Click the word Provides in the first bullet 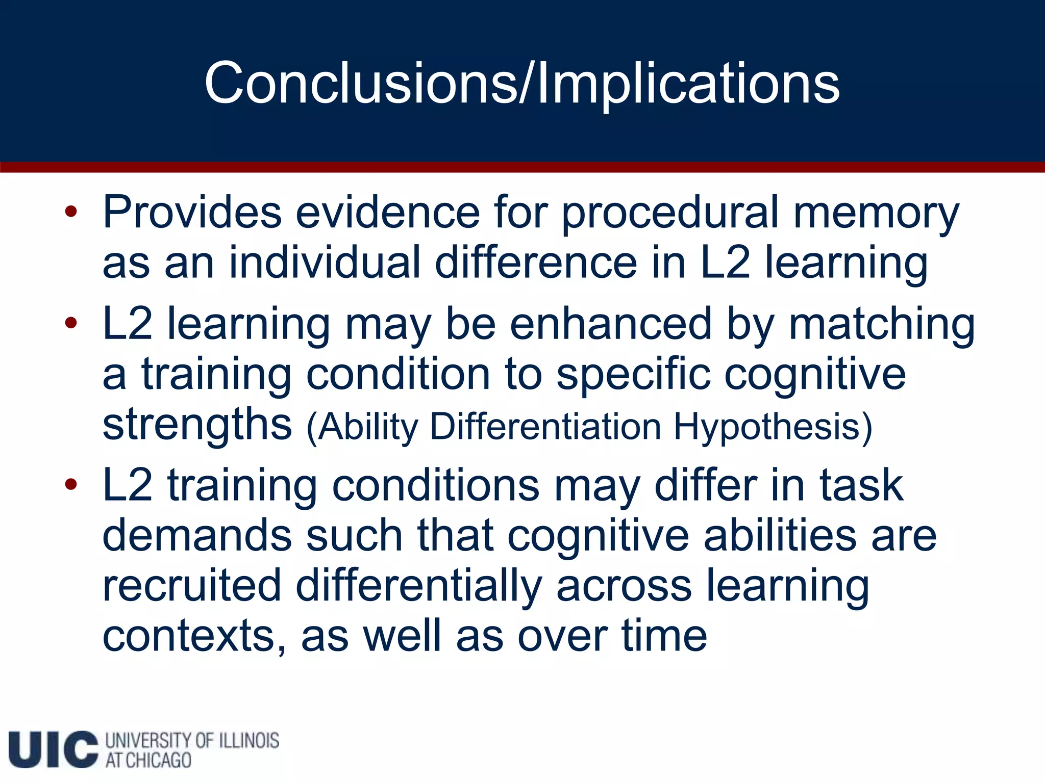click(x=192, y=212)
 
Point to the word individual click(x=325, y=263)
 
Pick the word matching click(x=882, y=325)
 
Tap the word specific click(x=633, y=375)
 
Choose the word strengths click(x=197, y=425)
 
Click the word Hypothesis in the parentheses click(x=773, y=427)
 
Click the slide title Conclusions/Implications click(x=521, y=83)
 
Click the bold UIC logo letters click(x=53, y=749)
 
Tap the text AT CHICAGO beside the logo click(x=148, y=761)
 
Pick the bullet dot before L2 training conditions click(x=71, y=484)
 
